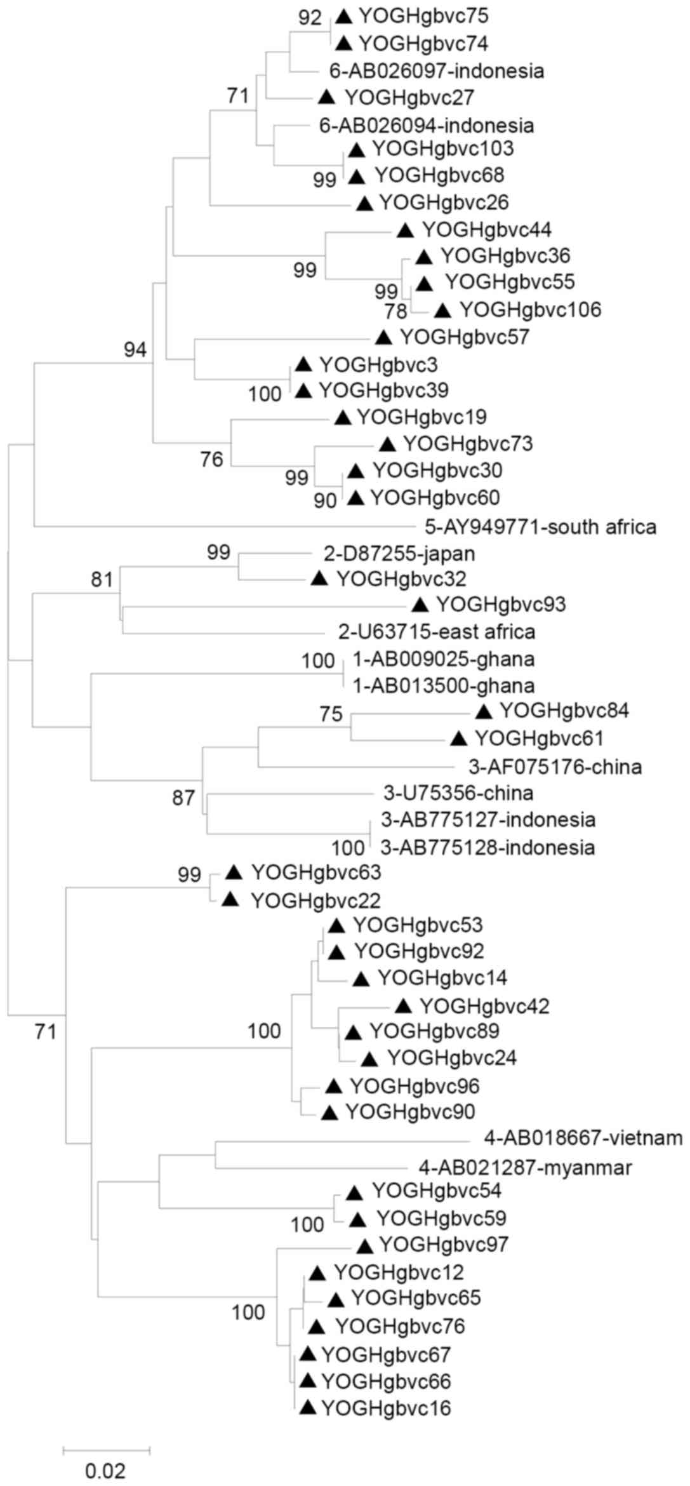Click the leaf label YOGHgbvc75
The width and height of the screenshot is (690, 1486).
pos(423,17)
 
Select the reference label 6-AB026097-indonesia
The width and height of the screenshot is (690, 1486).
pos(437,70)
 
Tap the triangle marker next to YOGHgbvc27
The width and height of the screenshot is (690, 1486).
pos(326,97)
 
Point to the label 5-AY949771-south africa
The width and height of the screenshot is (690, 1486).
pos(541,526)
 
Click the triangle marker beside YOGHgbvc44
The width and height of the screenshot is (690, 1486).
pos(405,230)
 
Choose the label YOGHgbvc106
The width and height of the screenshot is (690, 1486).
pos(530,310)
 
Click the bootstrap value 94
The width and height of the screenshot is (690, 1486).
pos(135,349)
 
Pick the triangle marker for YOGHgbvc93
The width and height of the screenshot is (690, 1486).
pos(420,605)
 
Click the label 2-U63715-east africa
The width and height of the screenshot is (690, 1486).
pos(437,632)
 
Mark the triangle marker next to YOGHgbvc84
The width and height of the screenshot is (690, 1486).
pos(484,711)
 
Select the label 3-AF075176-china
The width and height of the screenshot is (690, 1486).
pos(555,767)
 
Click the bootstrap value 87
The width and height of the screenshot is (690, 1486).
pos(183,798)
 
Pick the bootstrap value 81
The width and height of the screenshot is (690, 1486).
pos(102,579)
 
